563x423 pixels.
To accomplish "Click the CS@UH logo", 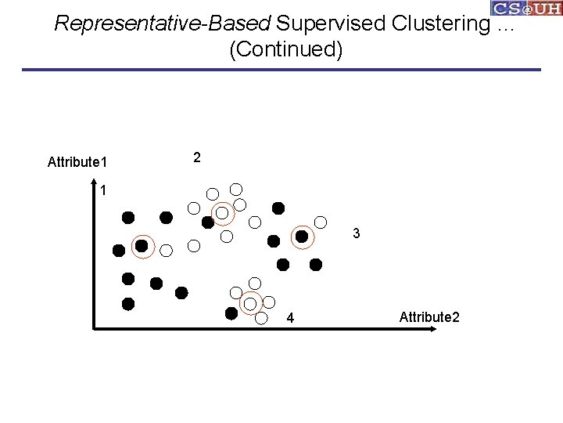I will tap(526, 9).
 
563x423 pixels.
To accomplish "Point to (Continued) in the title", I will tap(285, 50).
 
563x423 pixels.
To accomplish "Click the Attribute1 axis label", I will tap(77, 162).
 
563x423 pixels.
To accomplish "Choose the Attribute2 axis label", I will tap(429, 316).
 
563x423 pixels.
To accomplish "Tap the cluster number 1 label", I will tap(103, 190).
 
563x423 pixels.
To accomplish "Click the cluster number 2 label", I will tap(197, 157).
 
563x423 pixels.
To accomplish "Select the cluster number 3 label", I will tap(356, 233).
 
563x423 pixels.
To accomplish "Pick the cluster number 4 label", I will tap(290, 319).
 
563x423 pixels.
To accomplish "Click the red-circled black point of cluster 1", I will tap(142, 246).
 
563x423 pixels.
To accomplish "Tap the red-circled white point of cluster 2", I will tap(222, 212).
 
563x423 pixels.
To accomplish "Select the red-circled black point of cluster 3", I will tap(301, 236).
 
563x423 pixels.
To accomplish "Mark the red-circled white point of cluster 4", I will tap(250, 303).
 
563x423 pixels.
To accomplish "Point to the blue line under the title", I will tap(281, 70).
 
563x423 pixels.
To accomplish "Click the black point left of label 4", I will tap(231, 313).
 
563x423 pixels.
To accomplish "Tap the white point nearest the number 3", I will tap(321, 222).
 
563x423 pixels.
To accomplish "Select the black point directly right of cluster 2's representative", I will tap(278, 208).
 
